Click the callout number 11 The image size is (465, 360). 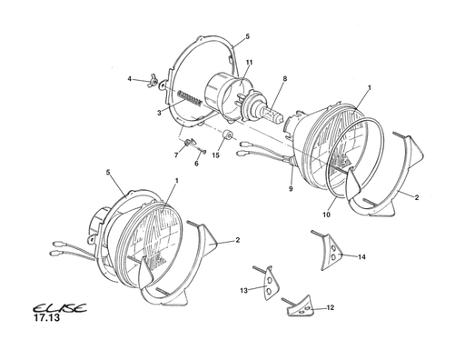[249, 63]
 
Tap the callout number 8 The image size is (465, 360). [284, 79]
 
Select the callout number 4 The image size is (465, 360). [130, 79]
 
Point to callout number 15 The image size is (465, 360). [215, 155]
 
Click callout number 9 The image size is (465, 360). [291, 189]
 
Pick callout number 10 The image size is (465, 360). [326, 215]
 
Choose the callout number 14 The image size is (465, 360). [361, 257]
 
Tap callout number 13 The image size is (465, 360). [243, 291]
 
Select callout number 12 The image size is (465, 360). [331, 308]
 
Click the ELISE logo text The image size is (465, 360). [60, 308]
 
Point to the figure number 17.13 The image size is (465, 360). [46, 318]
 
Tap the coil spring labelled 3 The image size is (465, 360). [189, 98]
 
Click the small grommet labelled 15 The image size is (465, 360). [227, 135]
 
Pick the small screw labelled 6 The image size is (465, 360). [203, 150]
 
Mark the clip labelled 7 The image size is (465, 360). [190, 142]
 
